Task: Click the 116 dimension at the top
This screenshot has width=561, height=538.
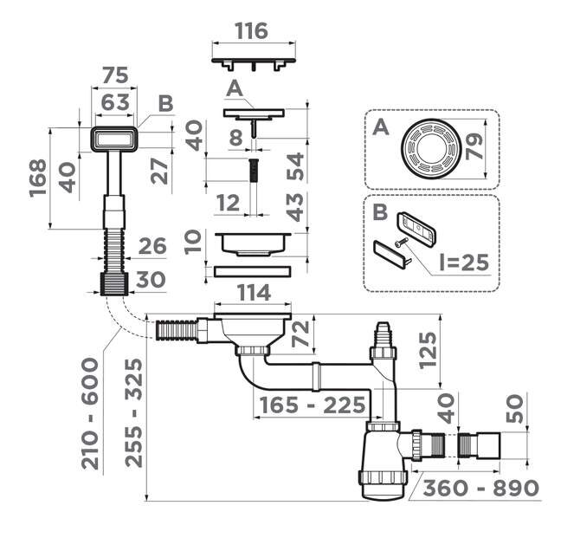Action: click(252, 31)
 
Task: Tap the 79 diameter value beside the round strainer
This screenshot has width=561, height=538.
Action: click(474, 146)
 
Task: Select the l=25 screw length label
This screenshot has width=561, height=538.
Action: click(464, 263)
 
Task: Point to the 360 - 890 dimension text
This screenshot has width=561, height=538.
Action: click(480, 488)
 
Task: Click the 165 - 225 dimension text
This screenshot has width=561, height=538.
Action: click(313, 405)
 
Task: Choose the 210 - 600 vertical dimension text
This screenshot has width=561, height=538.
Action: click(89, 414)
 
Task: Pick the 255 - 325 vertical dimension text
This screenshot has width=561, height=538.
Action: click(134, 412)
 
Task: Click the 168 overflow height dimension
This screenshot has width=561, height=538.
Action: click(38, 178)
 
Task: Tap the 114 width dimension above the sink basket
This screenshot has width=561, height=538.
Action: click(254, 293)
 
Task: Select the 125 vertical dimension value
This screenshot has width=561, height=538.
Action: click(428, 350)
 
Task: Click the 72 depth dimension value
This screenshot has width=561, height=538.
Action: click(300, 334)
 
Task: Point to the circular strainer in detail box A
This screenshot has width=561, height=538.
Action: click(430, 147)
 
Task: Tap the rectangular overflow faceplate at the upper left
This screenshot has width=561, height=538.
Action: click(113, 139)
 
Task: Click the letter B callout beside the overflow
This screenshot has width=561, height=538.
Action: click(165, 103)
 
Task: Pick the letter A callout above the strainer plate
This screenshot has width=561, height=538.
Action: click(235, 88)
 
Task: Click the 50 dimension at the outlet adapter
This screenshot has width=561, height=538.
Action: click(515, 408)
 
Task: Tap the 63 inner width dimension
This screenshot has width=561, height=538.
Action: click(115, 102)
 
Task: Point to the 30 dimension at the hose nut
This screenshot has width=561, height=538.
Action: click(151, 279)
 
